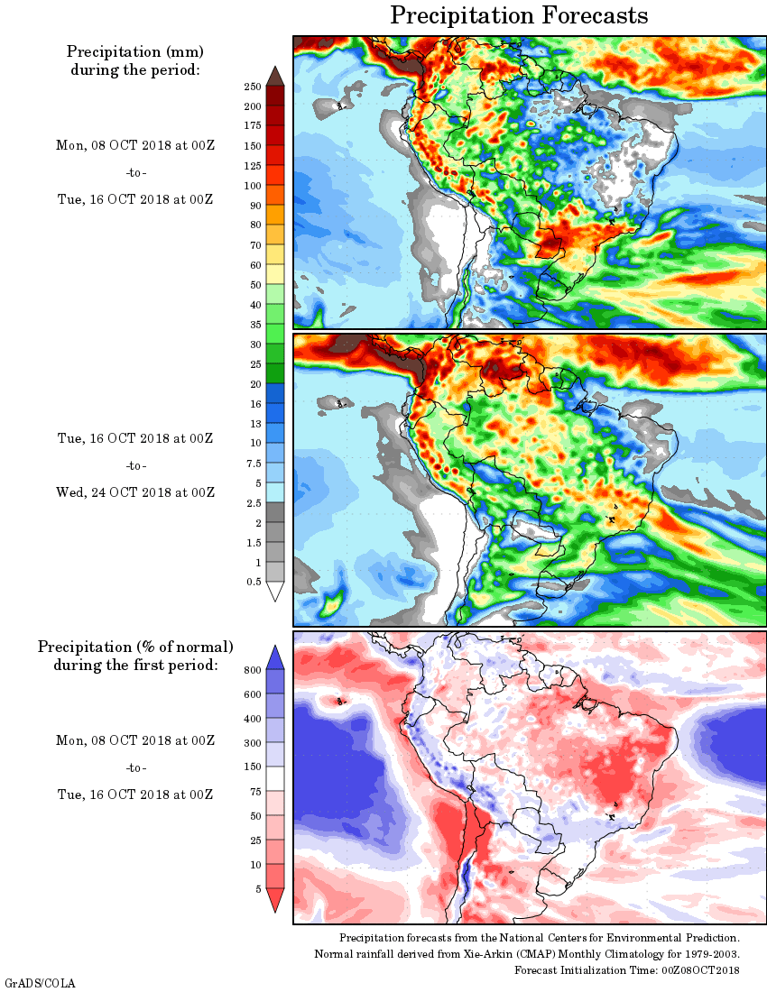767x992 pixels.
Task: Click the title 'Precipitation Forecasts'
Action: click(519, 15)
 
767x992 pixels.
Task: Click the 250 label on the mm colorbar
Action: click(252, 87)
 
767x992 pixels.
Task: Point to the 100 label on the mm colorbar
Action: click(252, 186)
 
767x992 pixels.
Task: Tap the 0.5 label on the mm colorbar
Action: click(254, 582)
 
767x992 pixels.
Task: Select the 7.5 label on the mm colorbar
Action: click(254, 463)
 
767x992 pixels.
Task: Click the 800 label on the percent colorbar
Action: click(252, 670)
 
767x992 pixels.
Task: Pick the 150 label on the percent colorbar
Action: click(252, 767)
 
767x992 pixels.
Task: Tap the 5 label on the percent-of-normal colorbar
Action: click(257, 888)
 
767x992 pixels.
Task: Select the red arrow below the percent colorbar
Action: click(275, 899)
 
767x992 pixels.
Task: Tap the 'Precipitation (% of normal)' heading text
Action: click(135, 648)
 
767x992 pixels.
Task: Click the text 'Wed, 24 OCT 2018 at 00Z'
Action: click(135, 492)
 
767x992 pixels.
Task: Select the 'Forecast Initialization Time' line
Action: click(627, 969)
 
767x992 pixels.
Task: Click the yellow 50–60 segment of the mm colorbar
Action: click(275, 274)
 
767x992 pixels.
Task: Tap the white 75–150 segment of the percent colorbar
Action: click(275, 779)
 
